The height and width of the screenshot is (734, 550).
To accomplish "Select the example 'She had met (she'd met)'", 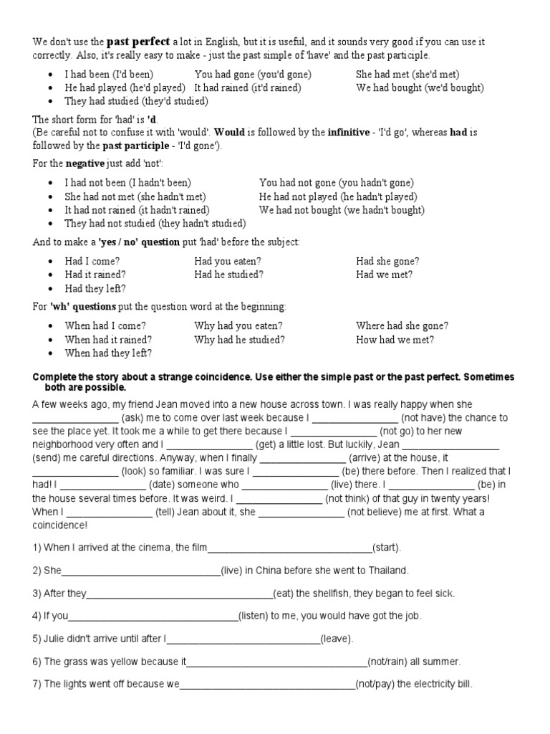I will tap(407, 74).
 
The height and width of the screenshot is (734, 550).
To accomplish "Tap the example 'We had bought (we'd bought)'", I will tap(420, 87).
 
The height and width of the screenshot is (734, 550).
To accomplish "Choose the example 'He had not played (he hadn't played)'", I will tap(338, 196).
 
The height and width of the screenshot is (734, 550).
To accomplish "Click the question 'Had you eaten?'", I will tap(228, 261).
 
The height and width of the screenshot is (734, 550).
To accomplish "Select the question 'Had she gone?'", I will tap(387, 261).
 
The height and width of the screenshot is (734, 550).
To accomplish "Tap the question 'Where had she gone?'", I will tap(402, 325).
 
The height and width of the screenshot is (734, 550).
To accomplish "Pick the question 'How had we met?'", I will tap(395, 340).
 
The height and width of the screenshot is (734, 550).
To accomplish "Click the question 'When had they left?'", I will tap(108, 353).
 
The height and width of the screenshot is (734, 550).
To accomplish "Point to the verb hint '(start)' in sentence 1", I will tap(387, 548).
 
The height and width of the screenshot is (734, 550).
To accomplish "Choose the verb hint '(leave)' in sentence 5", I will tap(336, 639).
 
